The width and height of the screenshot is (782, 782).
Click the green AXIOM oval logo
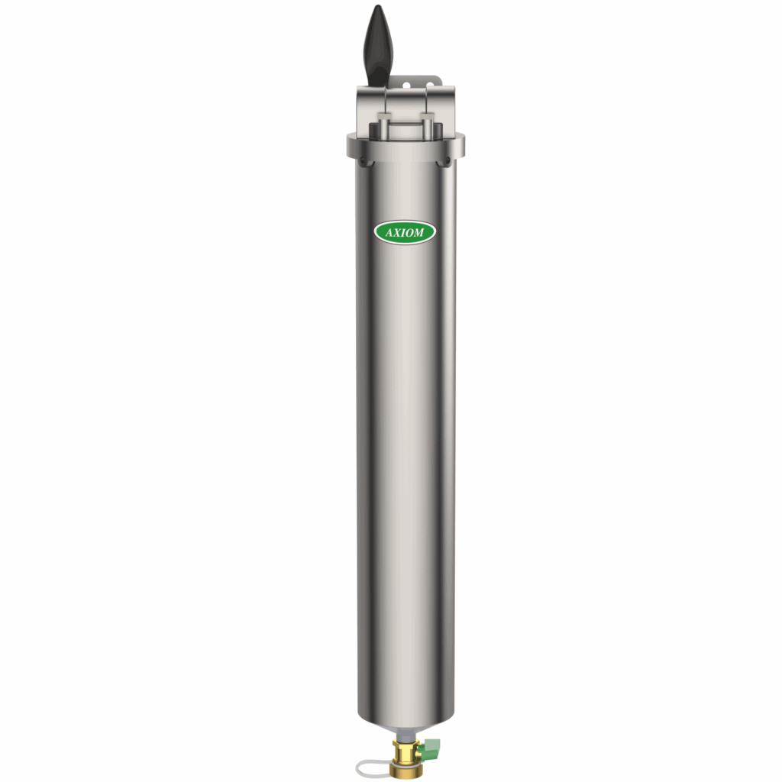(x=405, y=233)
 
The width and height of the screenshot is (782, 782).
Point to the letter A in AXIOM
(x=386, y=233)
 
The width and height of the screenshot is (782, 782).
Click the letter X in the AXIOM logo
(x=396, y=233)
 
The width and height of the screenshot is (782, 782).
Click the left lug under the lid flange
(x=362, y=160)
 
